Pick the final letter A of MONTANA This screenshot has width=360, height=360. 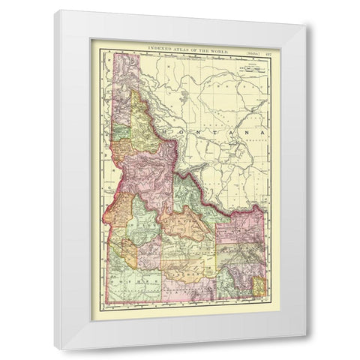point(262,132)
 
